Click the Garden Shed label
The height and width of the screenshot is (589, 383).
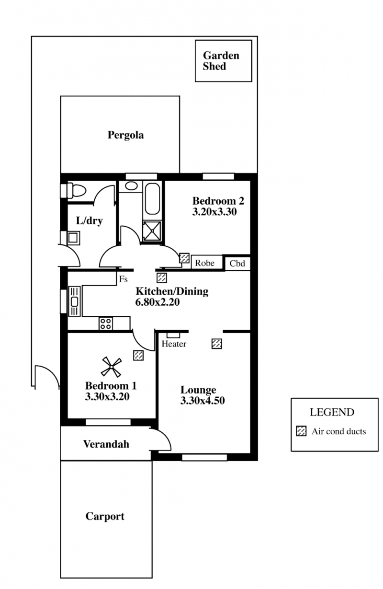(x=221, y=61)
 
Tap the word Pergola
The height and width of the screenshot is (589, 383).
(x=125, y=135)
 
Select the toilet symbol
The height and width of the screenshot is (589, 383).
(x=76, y=190)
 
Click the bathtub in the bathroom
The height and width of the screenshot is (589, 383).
(x=152, y=198)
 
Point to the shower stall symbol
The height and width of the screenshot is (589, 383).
(x=152, y=231)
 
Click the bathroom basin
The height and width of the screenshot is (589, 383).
(x=131, y=185)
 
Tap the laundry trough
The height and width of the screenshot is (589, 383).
(x=73, y=238)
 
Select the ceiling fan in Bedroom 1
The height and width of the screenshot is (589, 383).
(x=112, y=367)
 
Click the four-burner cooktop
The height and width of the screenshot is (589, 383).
(x=106, y=323)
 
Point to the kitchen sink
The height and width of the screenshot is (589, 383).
(x=75, y=301)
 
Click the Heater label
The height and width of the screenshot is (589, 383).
(x=174, y=344)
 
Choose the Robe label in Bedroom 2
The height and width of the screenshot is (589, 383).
(x=204, y=263)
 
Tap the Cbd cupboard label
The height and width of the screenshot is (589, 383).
(x=237, y=264)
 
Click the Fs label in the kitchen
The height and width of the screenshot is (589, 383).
(x=123, y=279)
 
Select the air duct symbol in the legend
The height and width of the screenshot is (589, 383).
(x=301, y=431)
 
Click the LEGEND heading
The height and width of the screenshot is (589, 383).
(x=332, y=412)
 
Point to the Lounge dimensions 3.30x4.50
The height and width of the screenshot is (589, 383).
(x=202, y=401)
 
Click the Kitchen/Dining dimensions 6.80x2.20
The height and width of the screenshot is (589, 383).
(x=158, y=302)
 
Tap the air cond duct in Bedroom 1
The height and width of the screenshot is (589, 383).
(x=138, y=355)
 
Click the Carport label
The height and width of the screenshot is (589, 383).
(x=105, y=516)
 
